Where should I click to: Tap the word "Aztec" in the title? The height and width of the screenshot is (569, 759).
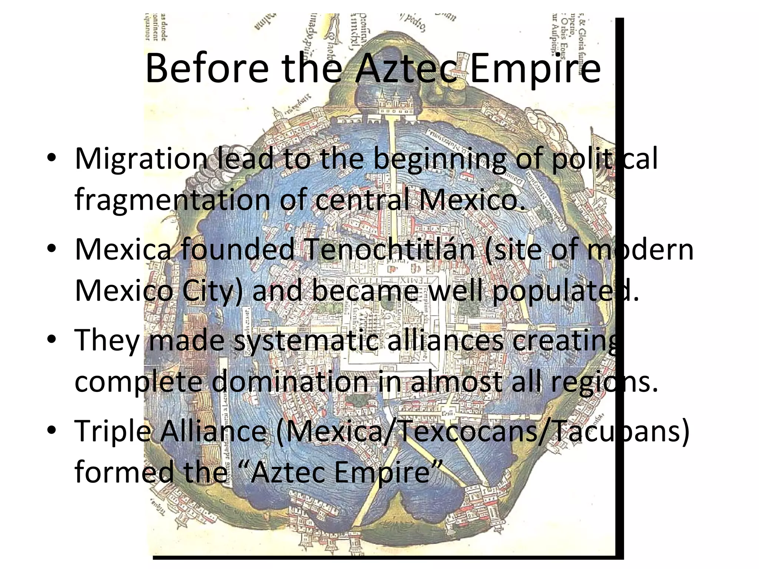[x=406, y=69]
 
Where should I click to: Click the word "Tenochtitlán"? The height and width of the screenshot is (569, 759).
[x=389, y=249]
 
